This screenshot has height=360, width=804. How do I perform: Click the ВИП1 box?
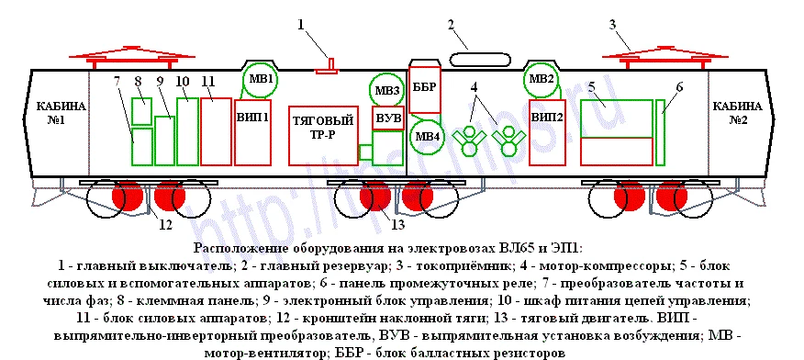[252, 132]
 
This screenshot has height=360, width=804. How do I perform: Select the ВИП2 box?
[547, 132]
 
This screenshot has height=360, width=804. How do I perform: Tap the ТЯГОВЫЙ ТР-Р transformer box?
[323, 135]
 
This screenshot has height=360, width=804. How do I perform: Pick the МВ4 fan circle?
[427, 136]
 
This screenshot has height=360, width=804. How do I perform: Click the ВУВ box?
[388, 118]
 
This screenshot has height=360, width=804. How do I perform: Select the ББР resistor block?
[425, 89]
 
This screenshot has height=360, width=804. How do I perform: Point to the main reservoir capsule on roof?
[480, 59]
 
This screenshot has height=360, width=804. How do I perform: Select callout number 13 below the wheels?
[397, 224]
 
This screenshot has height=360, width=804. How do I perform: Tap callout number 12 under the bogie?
[164, 224]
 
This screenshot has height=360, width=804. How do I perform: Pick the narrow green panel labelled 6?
[661, 132]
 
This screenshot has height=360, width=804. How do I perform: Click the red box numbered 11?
[216, 132]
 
